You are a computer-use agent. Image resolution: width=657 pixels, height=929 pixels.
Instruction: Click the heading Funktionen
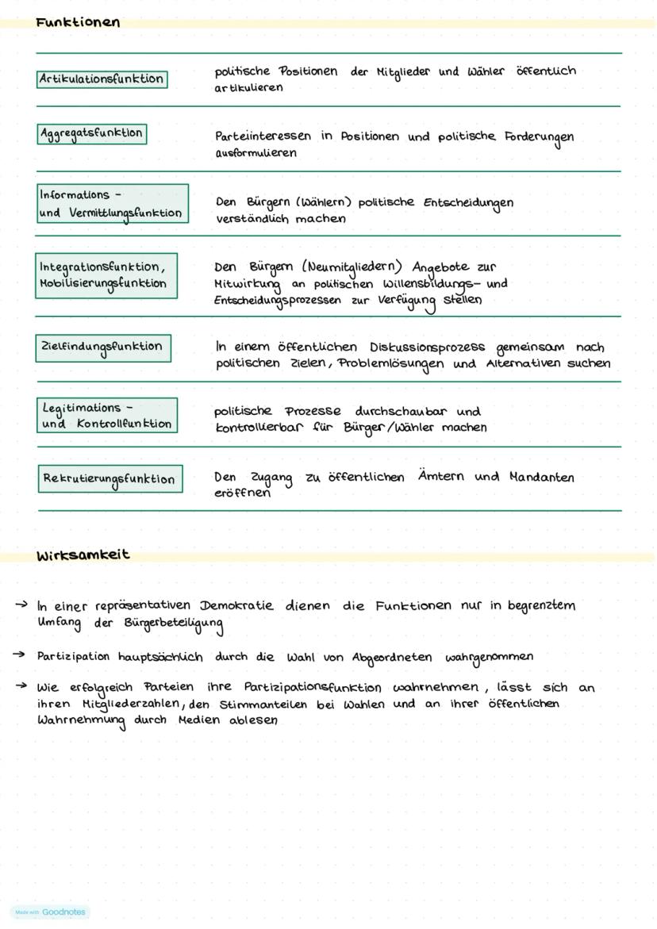(x=78, y=23)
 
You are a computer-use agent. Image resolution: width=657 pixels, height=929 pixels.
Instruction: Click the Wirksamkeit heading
(x=83, y=555)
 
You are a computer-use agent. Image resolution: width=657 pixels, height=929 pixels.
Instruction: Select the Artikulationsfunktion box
(x=102, y=79)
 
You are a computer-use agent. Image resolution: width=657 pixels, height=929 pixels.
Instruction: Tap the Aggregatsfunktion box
(x=91, y=133)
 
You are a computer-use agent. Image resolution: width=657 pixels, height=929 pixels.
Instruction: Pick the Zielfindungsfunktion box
(x=102, y=347)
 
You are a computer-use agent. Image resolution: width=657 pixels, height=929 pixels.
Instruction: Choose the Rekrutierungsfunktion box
(x=109, y=479)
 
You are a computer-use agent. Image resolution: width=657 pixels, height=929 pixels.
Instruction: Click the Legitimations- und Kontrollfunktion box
(x=106, y=416)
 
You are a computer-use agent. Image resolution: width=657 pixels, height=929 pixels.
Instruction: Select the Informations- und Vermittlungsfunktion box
(x=111, y=203)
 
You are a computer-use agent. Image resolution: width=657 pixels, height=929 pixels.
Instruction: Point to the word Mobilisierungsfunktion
(x=102, y=283)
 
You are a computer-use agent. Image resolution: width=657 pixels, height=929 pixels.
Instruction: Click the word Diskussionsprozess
(x=428, y=347)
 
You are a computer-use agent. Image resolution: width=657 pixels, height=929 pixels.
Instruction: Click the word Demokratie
(x=236, y=605)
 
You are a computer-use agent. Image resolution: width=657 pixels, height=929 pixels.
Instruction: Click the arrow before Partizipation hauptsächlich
(x=18, y=655)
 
